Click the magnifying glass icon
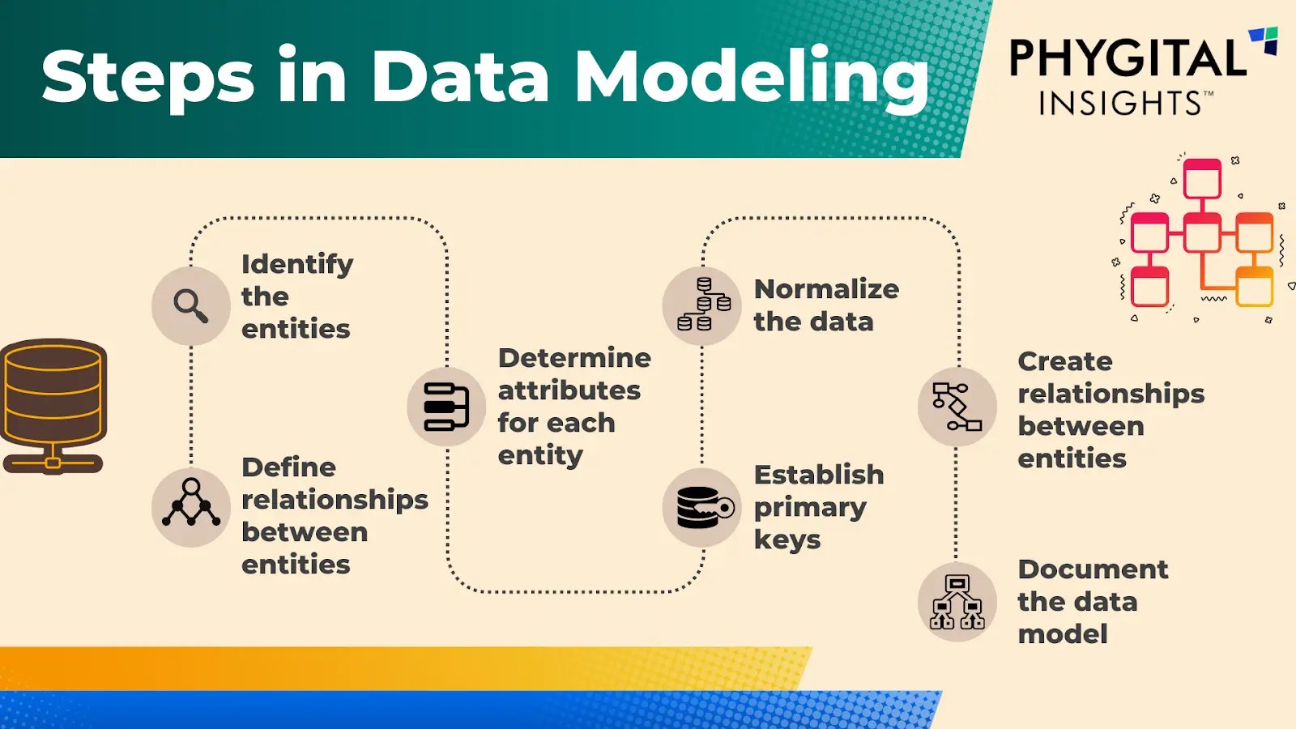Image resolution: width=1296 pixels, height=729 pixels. (x=191, y=306)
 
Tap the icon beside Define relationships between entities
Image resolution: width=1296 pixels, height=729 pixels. (x=191, y=506)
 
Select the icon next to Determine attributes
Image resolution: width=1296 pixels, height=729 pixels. (x=446, y=406)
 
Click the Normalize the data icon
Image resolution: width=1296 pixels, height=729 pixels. (x=702, y=306)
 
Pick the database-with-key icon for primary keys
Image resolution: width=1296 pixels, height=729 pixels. (x=702, y=507)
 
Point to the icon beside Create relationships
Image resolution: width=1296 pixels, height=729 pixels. (x=957, y=407)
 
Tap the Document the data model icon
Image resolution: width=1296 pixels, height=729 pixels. (x=957, y=603)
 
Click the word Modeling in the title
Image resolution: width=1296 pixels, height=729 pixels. (x=752, y=77)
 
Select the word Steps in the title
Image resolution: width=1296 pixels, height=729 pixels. (x=148, y=77)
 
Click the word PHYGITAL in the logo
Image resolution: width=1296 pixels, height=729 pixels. (x=1128, y=60)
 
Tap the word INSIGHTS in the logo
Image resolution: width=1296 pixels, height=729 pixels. (x=1120, y=104)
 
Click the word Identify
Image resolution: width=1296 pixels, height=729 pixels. (x=297, y=265)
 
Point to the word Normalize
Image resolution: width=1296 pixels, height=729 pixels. (x=826, y=289)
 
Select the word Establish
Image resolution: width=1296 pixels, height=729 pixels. (x=819, y=475)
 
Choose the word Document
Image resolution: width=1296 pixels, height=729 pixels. (x=1093, y=569)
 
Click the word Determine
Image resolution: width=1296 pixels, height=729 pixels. (x=574, y=358)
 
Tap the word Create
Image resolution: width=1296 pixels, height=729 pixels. (x=1065, y=361)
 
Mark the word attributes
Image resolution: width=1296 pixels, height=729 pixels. (x=569, y=390)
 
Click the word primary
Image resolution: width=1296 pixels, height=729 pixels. (x=810, y=508)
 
